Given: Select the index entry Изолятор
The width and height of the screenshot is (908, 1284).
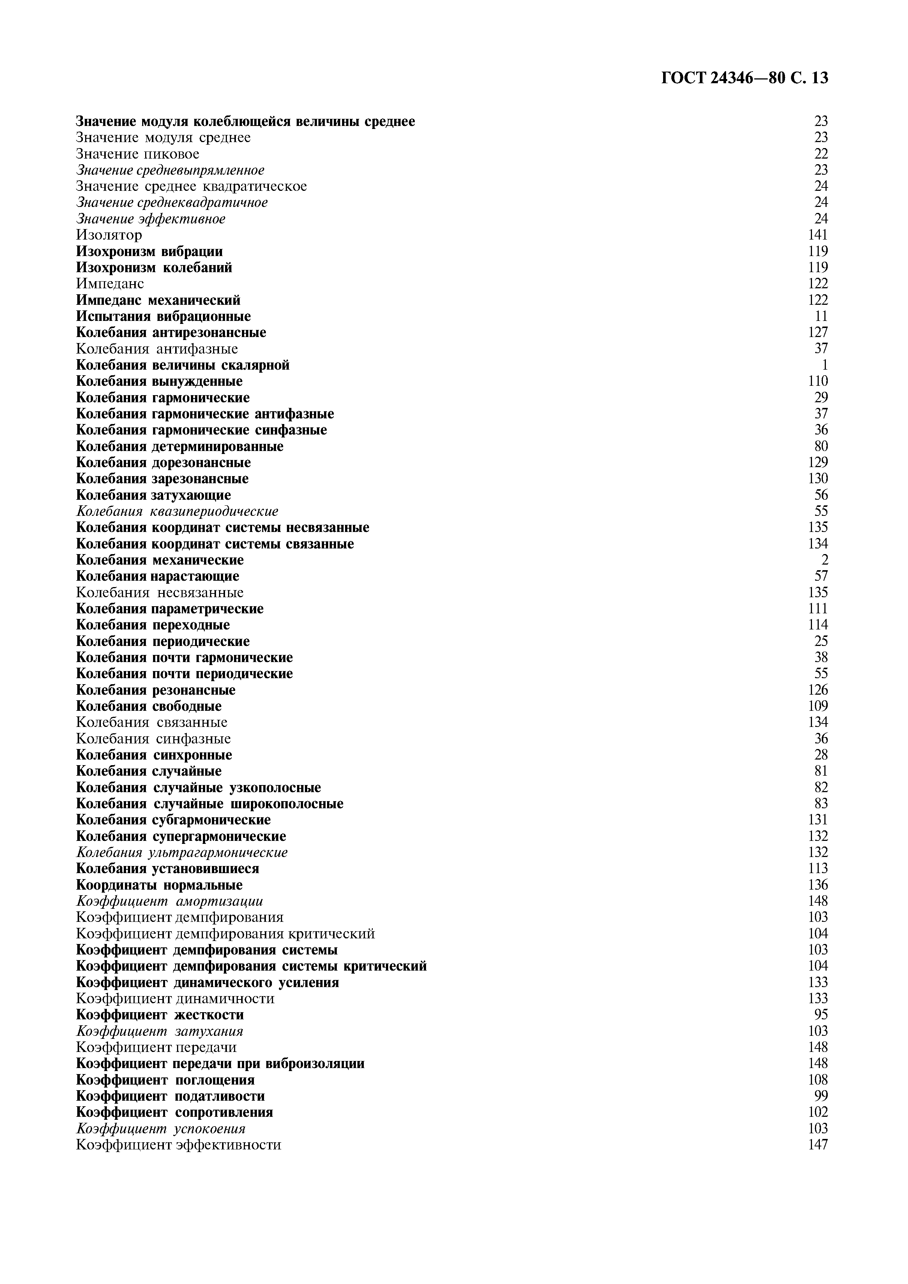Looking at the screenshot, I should pos(109,235).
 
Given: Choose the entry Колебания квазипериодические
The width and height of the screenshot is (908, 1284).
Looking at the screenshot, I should pos(177,511).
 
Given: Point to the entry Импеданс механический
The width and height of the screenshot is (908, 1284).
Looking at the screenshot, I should pos(158,300).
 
